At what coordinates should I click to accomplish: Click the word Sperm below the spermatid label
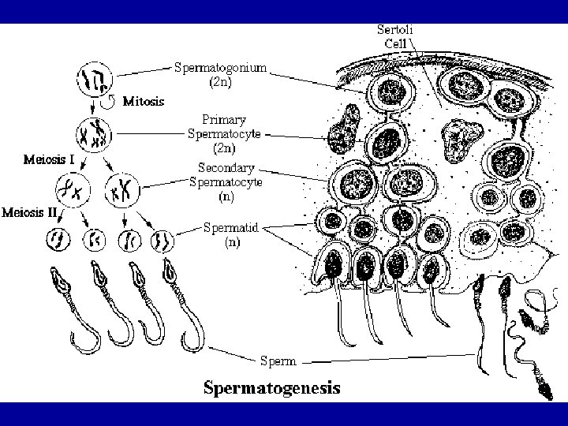coord(278,361)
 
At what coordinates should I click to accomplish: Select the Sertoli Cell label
coord(399,35)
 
